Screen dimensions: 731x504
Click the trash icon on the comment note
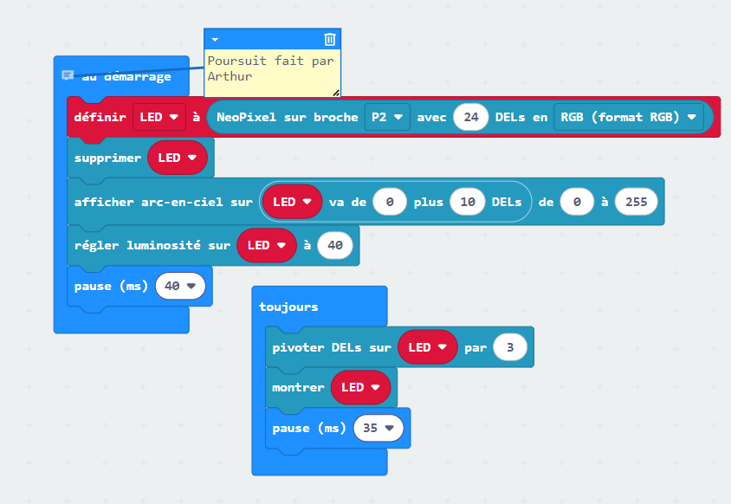pyautogui.click(x=330, y=39)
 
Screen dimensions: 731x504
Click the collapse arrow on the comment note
pyautogui.click(x=215, y=40)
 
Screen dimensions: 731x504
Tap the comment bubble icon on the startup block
pyautogui.click(x=68, y=75)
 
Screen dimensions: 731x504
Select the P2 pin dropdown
pyautogui.click(x=387, y=117)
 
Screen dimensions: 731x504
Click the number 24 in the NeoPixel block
pyautogui.click(x=471, y=117)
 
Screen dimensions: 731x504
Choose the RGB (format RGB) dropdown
pyautogui.click(x=629, y=117)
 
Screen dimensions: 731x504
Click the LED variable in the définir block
pyautogui.click(x=159, y=117)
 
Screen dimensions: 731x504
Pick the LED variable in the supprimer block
pyautogui.click(x=178, y=158)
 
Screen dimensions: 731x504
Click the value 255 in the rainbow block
pyautogui.click(x=637, y=202)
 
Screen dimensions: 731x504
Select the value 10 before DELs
pyautogui.click(x=468, y=202)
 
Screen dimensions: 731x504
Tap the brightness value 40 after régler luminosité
pyautogui.click(x=335, y=245)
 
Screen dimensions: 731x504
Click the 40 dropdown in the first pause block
pyautogui.click(x=180, y=286)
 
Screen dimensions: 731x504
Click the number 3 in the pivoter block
pyautogui.click(x=510, y=347)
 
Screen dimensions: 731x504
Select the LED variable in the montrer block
pyautogui.click(x=361, y=387)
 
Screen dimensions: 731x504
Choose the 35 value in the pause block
pyautogui.click(x=378, y=428)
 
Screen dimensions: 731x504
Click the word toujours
pyautogui.click(x=288, y=307)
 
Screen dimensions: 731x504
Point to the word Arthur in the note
pyautogui.click(x=230, y=76)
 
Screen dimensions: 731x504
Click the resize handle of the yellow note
pyautogui.click(x=336, y=93)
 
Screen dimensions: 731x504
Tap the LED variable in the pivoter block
pyautogui.click(x=428, y=347)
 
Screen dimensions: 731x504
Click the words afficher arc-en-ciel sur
pyautogui.click(x=163, y=202)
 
